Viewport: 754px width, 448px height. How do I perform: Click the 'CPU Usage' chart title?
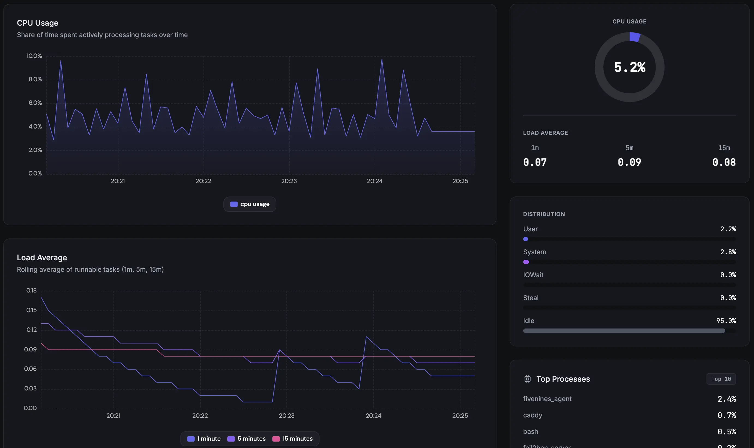click(x=37, y=23)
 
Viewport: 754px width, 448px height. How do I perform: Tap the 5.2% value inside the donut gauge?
click(x=629, y=67)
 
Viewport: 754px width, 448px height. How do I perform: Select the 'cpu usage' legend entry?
click(x=250, y=204)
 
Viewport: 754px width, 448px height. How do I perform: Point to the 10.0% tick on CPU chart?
click(x=34, y=56)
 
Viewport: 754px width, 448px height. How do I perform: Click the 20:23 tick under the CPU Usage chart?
click(x=289, y=181)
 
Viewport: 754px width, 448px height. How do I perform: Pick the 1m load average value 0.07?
click(x=535, y=162)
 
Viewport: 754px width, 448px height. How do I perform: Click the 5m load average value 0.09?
click(x=629, y=162)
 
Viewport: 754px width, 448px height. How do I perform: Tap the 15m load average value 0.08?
click(x=723, y=162)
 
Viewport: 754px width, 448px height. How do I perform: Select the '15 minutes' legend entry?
click(x=292, y=438)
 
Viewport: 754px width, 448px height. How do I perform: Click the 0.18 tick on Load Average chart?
click(x=31, y=290)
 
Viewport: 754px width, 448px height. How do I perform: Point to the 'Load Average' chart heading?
click(x=42, y=258)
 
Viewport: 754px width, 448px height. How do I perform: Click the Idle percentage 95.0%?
click(x=726, y=321)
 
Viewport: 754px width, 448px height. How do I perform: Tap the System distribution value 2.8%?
click(x=728, y=252)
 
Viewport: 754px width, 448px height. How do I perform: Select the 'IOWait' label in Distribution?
click(x=533, y=275)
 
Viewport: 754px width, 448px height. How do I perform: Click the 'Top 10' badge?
click(x=721, y=379)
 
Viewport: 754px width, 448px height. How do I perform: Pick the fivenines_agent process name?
click(x=547, y=399)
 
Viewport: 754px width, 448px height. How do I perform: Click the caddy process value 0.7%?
click(x=726, y=415)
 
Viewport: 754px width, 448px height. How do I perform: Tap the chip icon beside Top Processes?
click(x=527, y=379)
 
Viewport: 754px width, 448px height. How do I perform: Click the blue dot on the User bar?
click(x=525, y=239)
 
